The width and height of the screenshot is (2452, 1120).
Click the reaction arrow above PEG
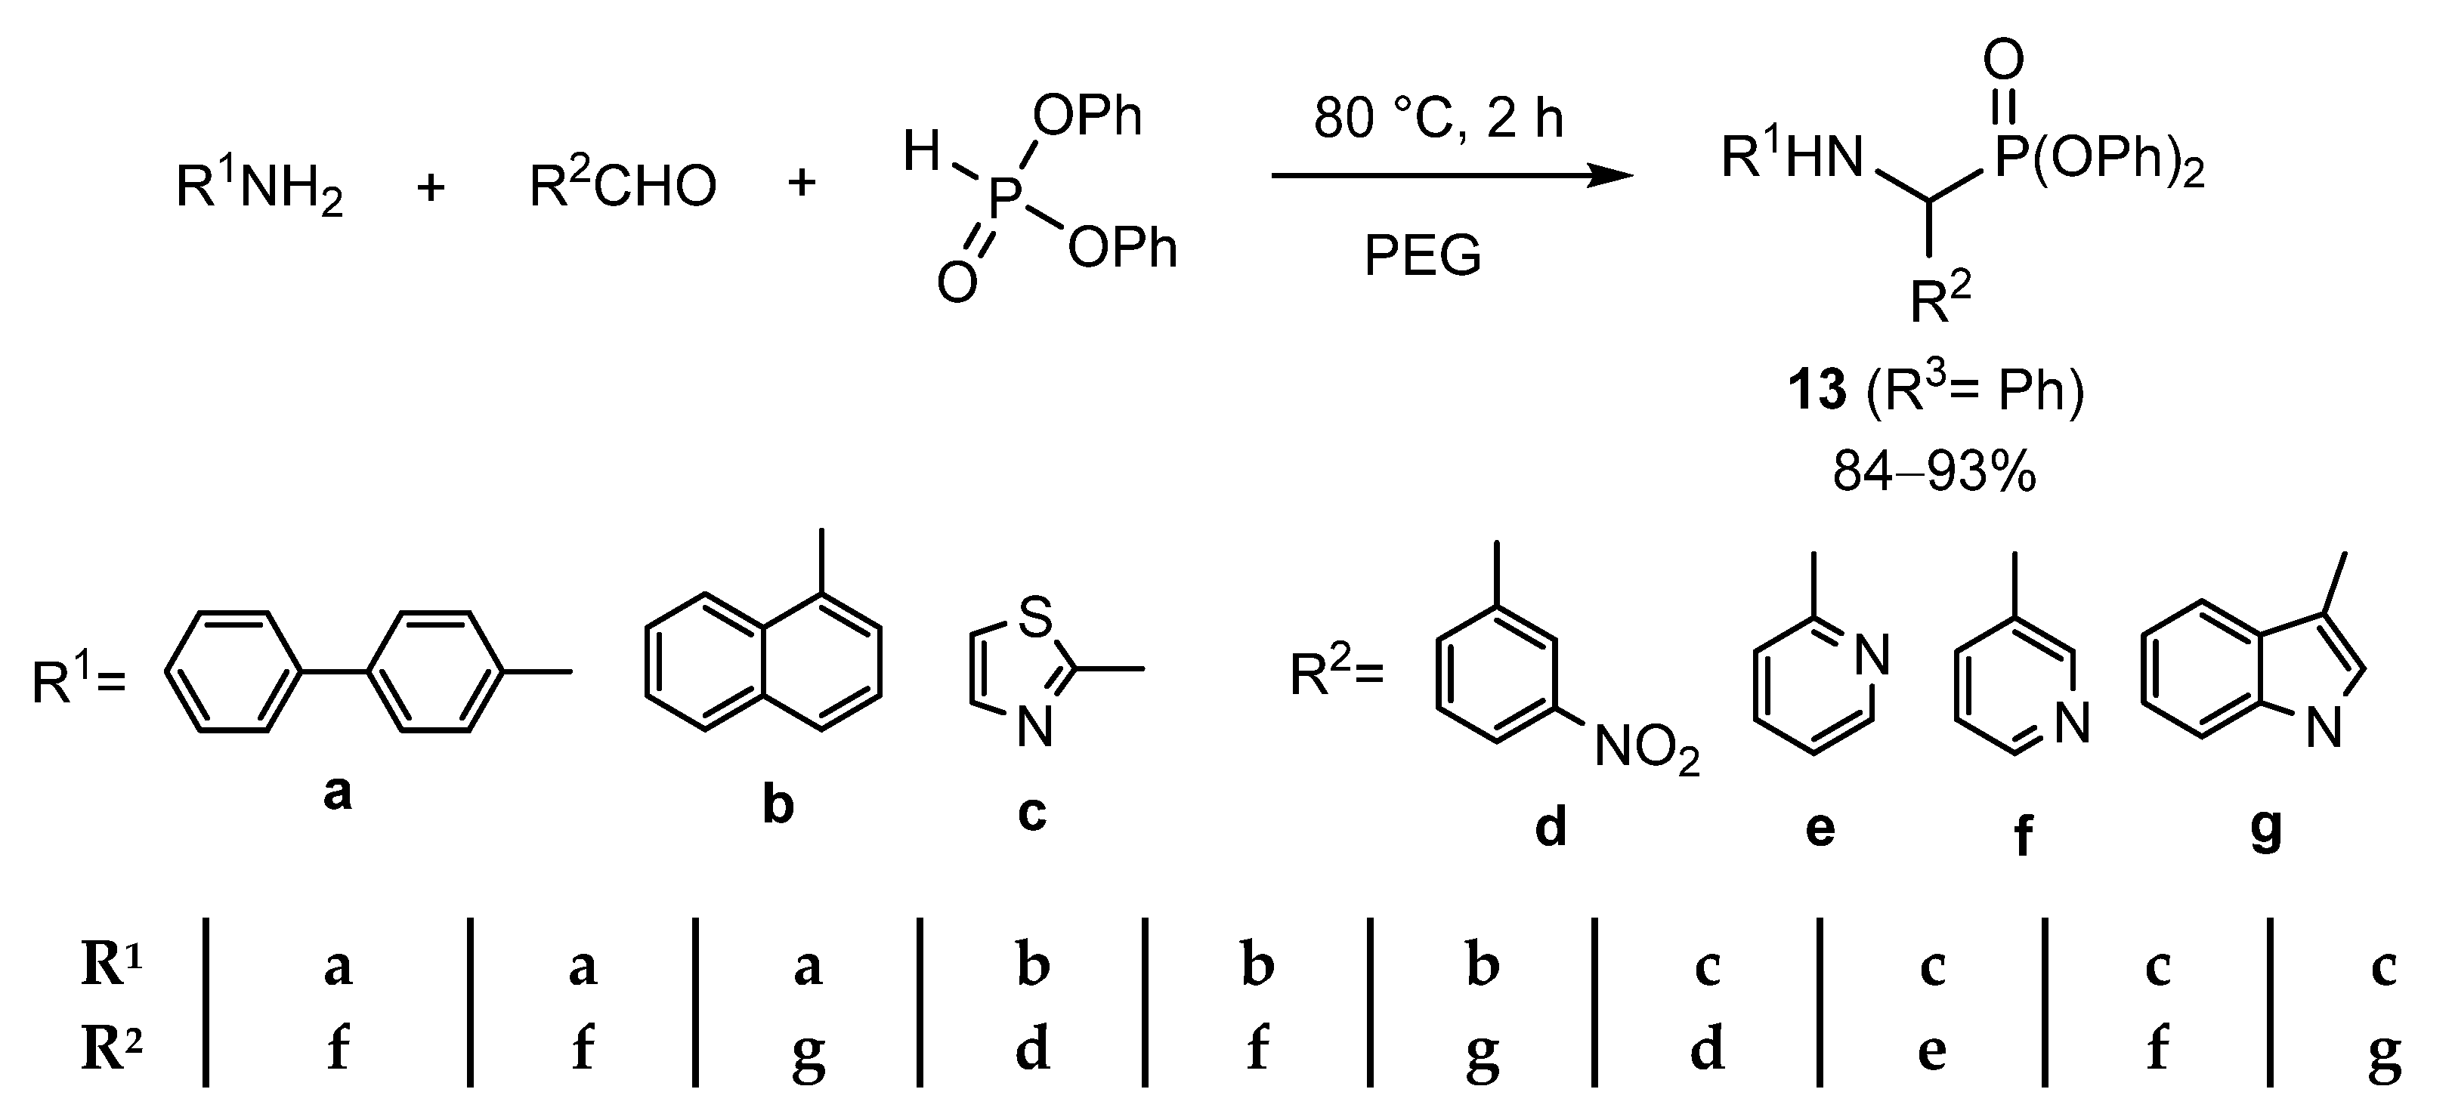tap(1452, 176)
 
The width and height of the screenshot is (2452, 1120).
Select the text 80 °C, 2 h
tap(1438, 119)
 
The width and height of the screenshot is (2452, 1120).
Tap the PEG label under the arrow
tap(1422, 256)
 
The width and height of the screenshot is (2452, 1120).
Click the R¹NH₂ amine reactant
tap(259, 187)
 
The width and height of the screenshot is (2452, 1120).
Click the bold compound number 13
tap(1817, 391)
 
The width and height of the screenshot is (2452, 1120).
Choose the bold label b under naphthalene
tap(778, 805)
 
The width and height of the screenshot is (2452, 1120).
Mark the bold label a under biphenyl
tap(337, 791)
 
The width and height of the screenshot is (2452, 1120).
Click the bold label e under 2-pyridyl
tap(1820, 828)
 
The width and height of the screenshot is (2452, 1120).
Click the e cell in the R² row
tap(1931, 1051)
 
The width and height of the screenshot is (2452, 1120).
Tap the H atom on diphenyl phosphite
tap(921, 153)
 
